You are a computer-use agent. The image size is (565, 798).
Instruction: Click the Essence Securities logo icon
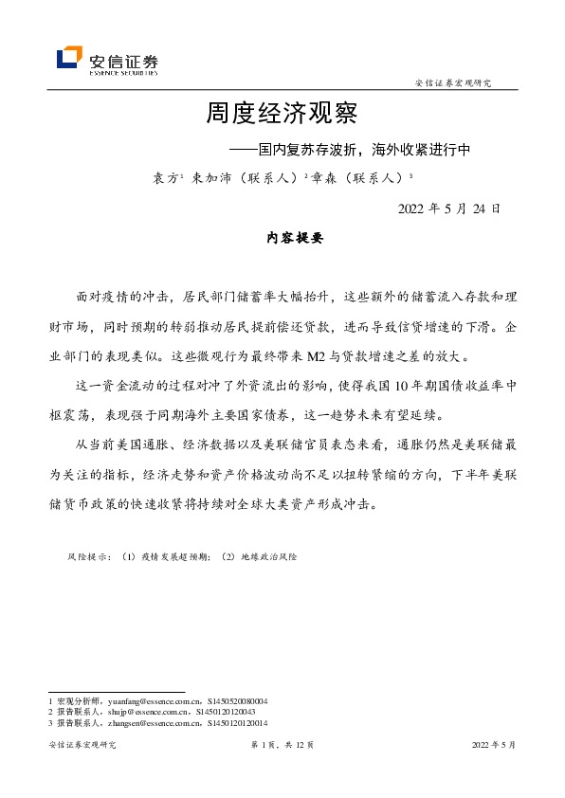[69, 59]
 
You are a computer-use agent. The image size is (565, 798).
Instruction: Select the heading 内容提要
[295, 239]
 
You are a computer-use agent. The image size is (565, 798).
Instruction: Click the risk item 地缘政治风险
[276, 558]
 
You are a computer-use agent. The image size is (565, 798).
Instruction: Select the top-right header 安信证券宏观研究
[453, 83]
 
